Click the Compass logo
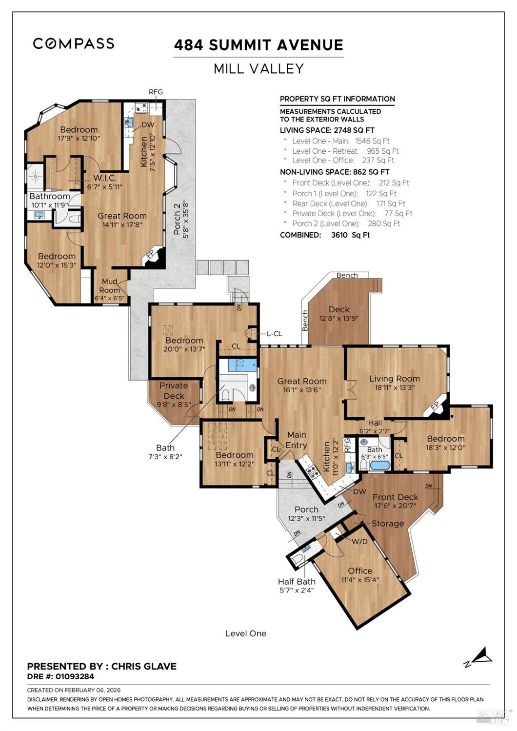74,43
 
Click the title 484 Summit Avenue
258,45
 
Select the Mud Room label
109,285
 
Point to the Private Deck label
174,390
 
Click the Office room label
360,570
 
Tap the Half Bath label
297,581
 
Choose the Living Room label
394,378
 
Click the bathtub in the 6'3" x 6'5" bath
379,465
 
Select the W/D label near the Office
359,541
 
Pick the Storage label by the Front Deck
388,524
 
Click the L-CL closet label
274,334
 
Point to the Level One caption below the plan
246,633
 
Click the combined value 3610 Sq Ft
350,235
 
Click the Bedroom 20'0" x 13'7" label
184,340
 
